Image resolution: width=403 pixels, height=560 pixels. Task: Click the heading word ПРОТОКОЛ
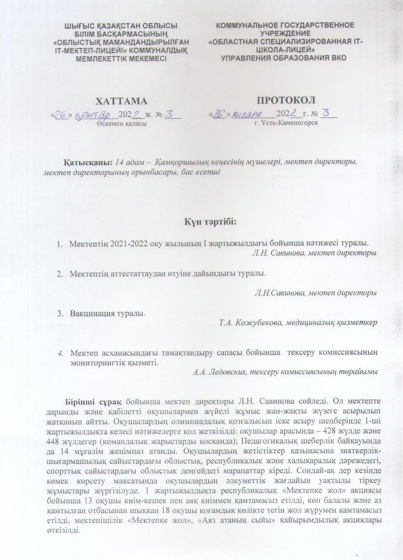point(286,100)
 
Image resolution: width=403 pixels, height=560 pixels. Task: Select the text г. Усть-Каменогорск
point(286,122)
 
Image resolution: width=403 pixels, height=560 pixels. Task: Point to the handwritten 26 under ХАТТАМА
point(60,115)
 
